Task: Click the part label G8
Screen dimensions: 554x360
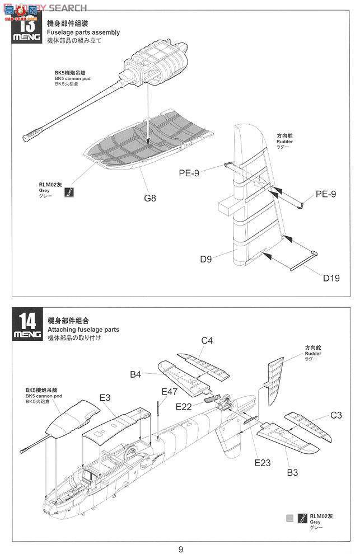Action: pyautogui.click(x=149, y=198)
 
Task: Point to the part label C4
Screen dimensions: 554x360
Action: pyautogui.click(x=207, y=340)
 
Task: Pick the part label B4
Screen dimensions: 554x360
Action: pyautogui.click(x=136, y=375)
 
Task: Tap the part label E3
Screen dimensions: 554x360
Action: pyautogui.click(x=105, y=397)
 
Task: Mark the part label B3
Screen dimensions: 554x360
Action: pyautogui.click(x=292, y=472)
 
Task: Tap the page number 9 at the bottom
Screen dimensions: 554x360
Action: pyautogui.click(x=180, y=548)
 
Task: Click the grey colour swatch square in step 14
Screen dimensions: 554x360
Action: pyautogui.click(x=289, y=517)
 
